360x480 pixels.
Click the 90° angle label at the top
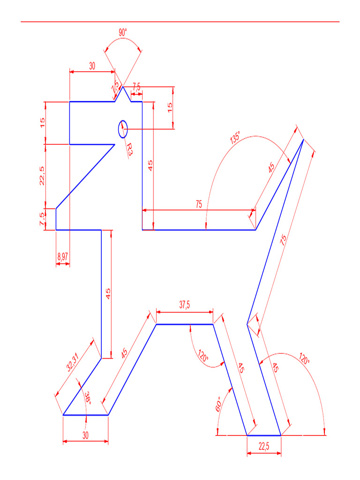pos(122,33)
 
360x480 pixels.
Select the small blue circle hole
pos(123,129)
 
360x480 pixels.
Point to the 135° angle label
pos(235,139)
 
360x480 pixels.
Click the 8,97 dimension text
pos(63,256)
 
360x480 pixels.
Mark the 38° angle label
pos(87,398)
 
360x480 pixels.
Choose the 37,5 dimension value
pos(185,305)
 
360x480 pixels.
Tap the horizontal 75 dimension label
pos(199,204)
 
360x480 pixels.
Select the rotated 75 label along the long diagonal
pos(283,240)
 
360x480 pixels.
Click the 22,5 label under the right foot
pos(264,446)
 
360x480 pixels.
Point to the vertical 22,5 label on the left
pos(42,176)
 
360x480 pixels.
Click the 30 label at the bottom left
pos(85,435)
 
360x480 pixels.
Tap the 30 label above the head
pos(92,66)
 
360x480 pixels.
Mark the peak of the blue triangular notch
pos(123,87)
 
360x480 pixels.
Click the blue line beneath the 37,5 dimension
pos(185,324)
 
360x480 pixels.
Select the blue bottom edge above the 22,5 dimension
pos(264,435)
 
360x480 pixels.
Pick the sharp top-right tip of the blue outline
pos(303,140)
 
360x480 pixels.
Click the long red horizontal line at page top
pos(180,22)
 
